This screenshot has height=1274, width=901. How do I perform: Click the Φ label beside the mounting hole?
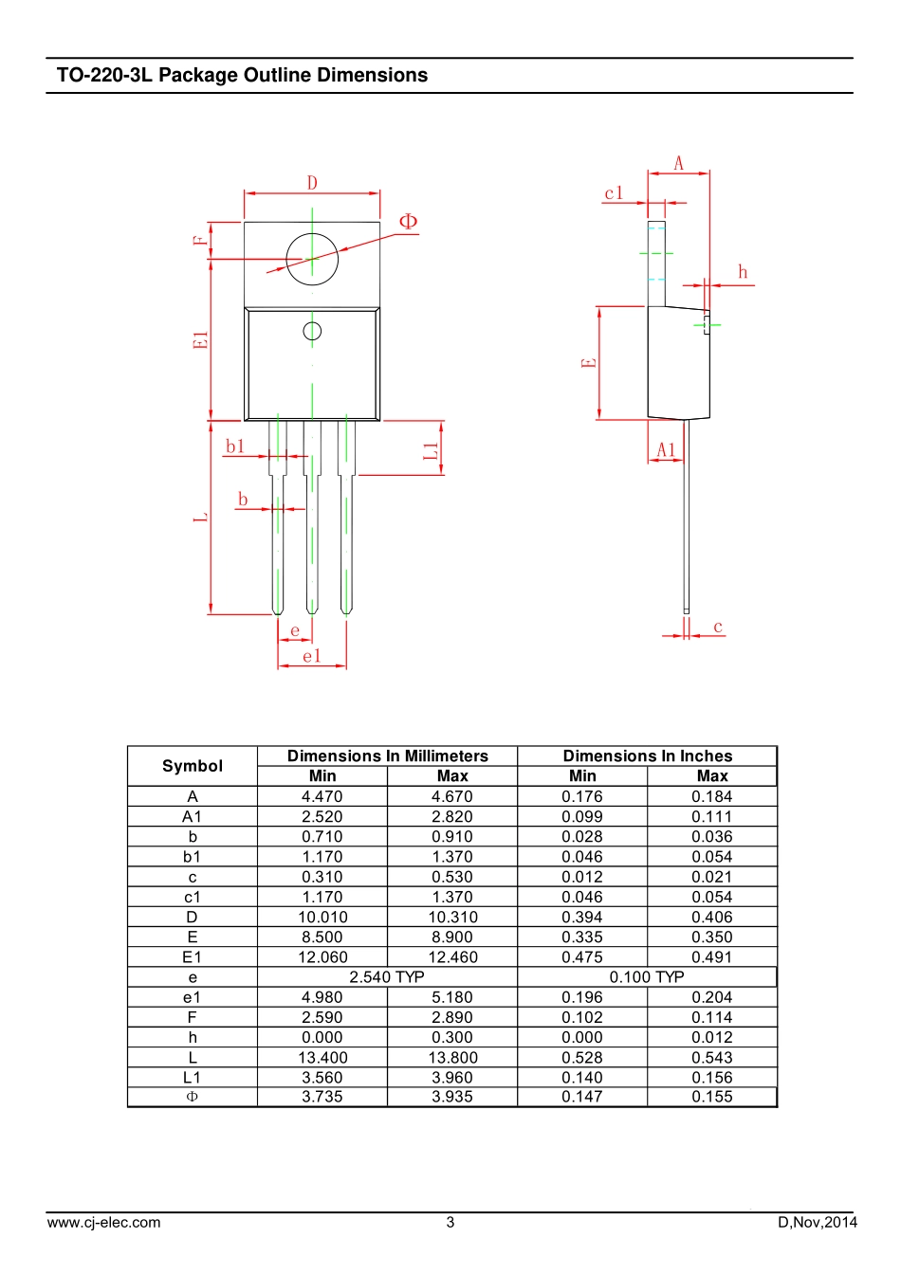click(x=408, y=221)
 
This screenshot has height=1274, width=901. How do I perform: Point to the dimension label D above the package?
click(x=312, y=183)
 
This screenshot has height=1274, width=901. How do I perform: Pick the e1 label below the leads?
click(x=312, y=656)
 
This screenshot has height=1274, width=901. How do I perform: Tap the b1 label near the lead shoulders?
click(x=235, y=446)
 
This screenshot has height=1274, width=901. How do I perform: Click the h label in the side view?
click(x=743, y=272)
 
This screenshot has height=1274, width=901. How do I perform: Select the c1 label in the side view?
click(x=614, y=193)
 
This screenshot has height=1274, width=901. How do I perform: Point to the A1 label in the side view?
click(x=666, y=450)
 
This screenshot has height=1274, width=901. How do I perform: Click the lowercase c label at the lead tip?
click(x=718, y=627)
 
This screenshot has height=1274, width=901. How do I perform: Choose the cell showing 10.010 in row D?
click(x=322, y=917)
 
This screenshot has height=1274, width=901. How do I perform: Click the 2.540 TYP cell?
click(x=387, y=977)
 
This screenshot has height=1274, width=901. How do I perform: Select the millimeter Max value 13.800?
click(x=452, y=1057)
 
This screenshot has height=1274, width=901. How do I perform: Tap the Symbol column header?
click(x=193, y=766)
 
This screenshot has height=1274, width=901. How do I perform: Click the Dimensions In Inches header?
click(x=647, y=755)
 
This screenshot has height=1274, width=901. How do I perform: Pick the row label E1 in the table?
click(x=192, y=957)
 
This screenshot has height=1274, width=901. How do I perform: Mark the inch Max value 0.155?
click(x=712, y=1097)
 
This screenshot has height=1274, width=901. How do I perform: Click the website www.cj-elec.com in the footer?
click(x=103, y=1222)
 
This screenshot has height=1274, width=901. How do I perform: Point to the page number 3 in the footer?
click(x=450, y=1222)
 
